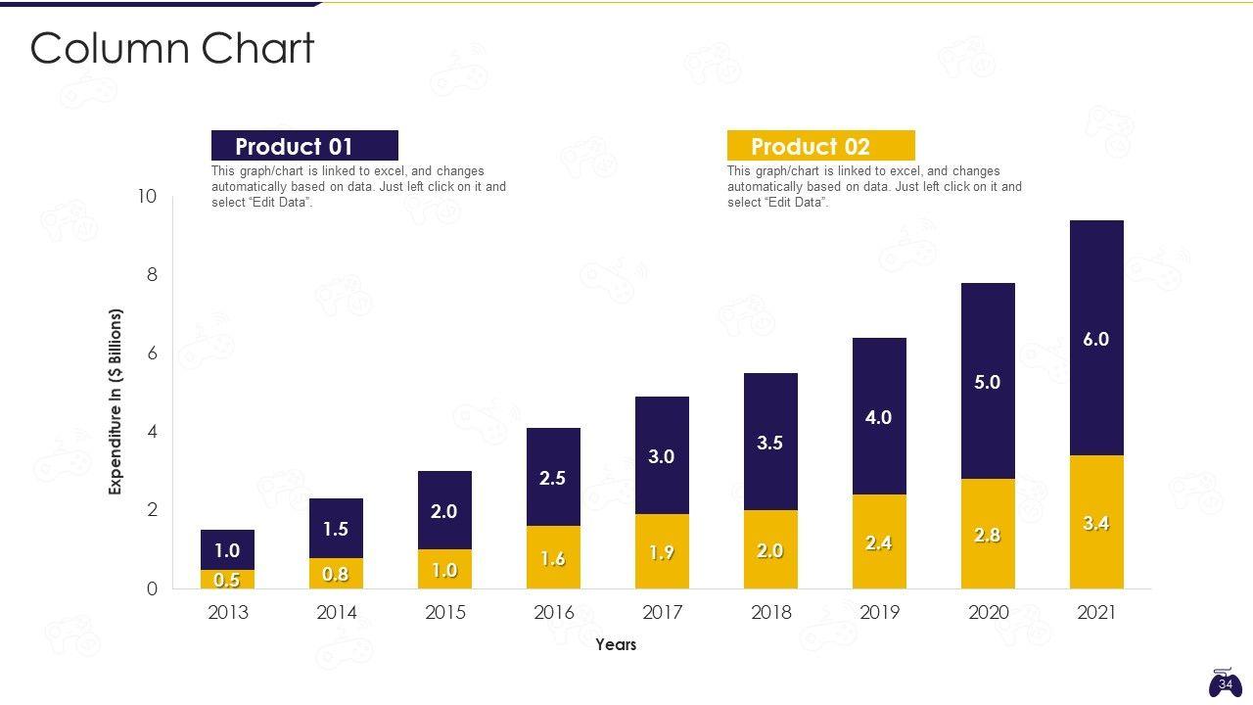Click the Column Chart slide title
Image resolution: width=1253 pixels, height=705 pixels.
point(172,48)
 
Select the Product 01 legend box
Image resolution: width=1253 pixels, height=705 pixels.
point(304,146)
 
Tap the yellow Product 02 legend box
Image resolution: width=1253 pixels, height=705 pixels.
point(820,146)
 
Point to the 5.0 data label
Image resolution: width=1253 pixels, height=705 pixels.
point(988,382)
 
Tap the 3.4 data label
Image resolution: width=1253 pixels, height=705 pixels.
point(1096,524)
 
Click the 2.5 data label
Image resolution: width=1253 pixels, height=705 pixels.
point(553,478)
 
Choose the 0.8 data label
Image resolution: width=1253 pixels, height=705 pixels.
point(336,575)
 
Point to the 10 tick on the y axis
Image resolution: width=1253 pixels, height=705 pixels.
point(147,197)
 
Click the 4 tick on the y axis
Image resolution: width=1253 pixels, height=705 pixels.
point(152,432)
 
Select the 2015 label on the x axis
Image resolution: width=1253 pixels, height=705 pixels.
point(444,613)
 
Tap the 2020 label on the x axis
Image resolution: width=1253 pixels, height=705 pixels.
point(988,613)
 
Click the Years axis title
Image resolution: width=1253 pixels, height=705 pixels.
point(616,644)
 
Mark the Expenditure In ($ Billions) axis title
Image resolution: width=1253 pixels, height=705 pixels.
point(116,401)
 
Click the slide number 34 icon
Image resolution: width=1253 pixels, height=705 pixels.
point(1225,682)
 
